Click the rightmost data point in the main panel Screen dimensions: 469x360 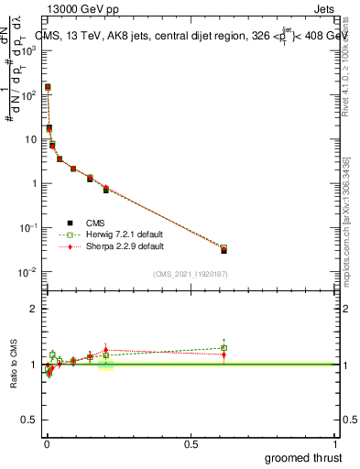pyautogui.click(x=224, y=249)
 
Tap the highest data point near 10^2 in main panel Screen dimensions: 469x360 pyautogui.click(x=48, y=87)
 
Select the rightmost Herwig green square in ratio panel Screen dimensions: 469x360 pyautogui.click(x=224, y=348)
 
